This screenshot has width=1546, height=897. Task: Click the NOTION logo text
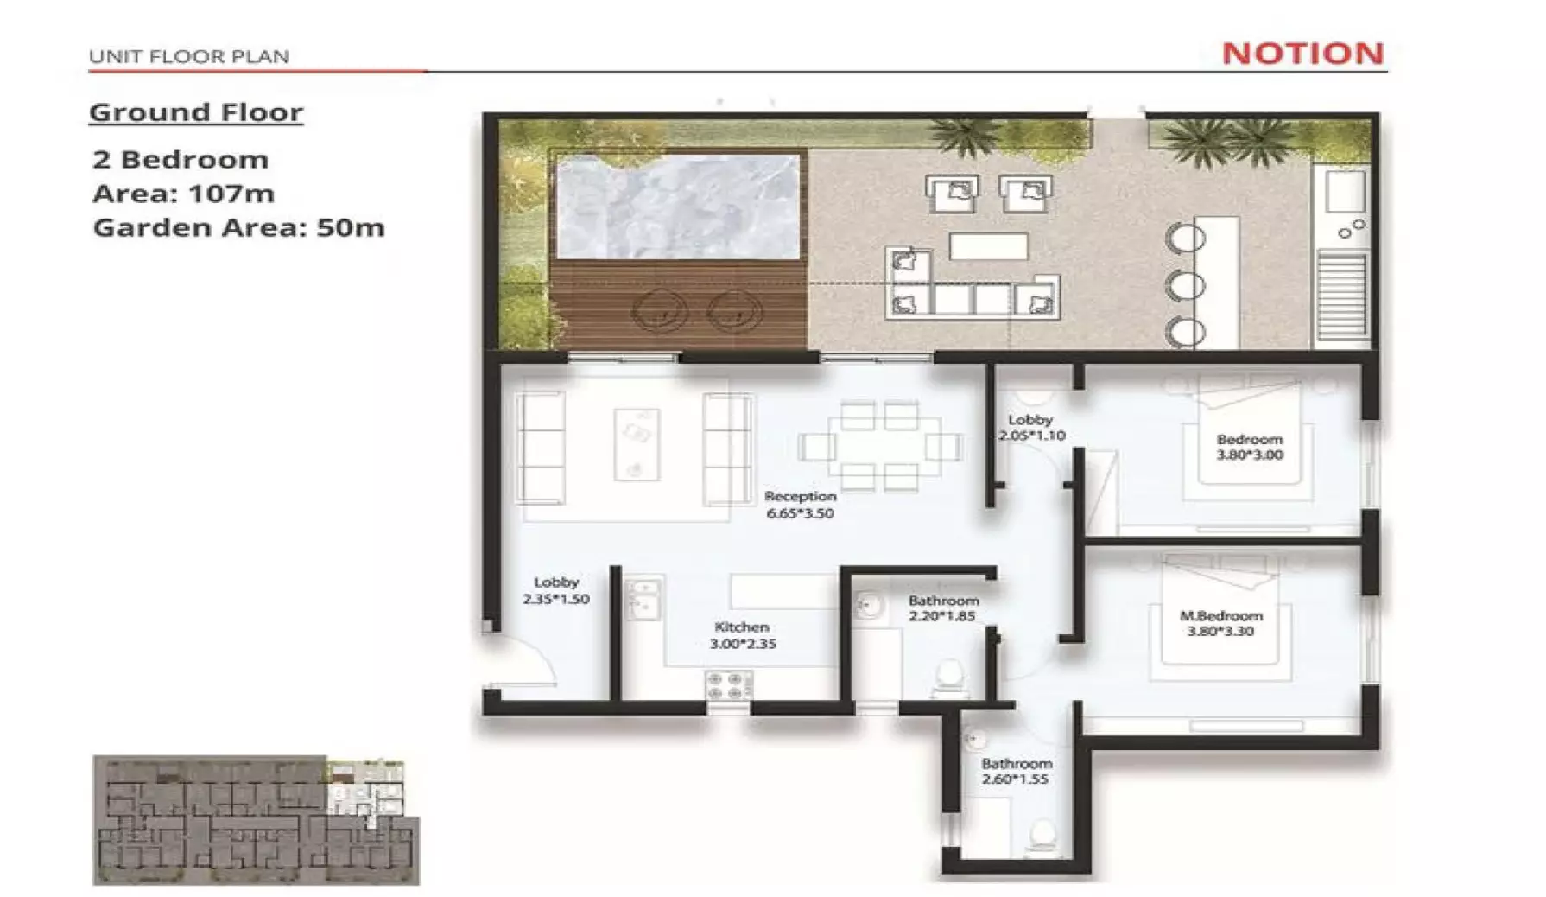pos(1302,54)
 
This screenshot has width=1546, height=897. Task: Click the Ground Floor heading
pos(196,112)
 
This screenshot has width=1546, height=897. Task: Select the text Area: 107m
pos(183,194)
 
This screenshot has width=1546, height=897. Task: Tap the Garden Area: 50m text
pos(238,227)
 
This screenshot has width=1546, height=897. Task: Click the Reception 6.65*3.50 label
pos(800,505)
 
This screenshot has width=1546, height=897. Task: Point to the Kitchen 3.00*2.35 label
pos(742,635)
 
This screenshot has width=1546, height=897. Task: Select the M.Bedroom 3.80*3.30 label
pos(1220,623)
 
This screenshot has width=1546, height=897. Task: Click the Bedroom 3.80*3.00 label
pos(1249,447)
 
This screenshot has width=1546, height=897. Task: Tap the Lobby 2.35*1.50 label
pos(555,590)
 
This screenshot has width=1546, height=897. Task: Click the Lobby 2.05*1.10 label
pos(1030,427)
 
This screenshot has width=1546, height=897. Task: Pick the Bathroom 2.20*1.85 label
pos(942,608)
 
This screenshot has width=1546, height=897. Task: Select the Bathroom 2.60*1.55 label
pos(1016,771)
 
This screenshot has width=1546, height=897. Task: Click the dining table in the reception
pos(879,447)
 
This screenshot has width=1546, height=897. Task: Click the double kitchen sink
pos(643,599)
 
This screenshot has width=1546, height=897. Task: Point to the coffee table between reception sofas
pos(637,443)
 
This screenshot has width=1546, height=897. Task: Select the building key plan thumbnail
pos(256,820)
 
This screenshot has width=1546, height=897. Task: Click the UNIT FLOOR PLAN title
pos(189,57)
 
